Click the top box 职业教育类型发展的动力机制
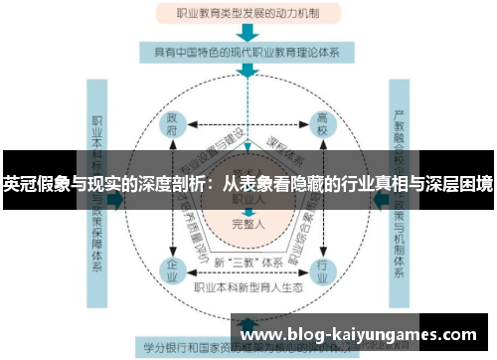point(248,14)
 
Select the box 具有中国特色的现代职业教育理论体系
point(248,53)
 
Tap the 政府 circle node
point(174,127)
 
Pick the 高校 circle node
point(321,126)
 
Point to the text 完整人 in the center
point(248,223)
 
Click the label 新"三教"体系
point(248,262)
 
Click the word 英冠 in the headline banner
point(19,183)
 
